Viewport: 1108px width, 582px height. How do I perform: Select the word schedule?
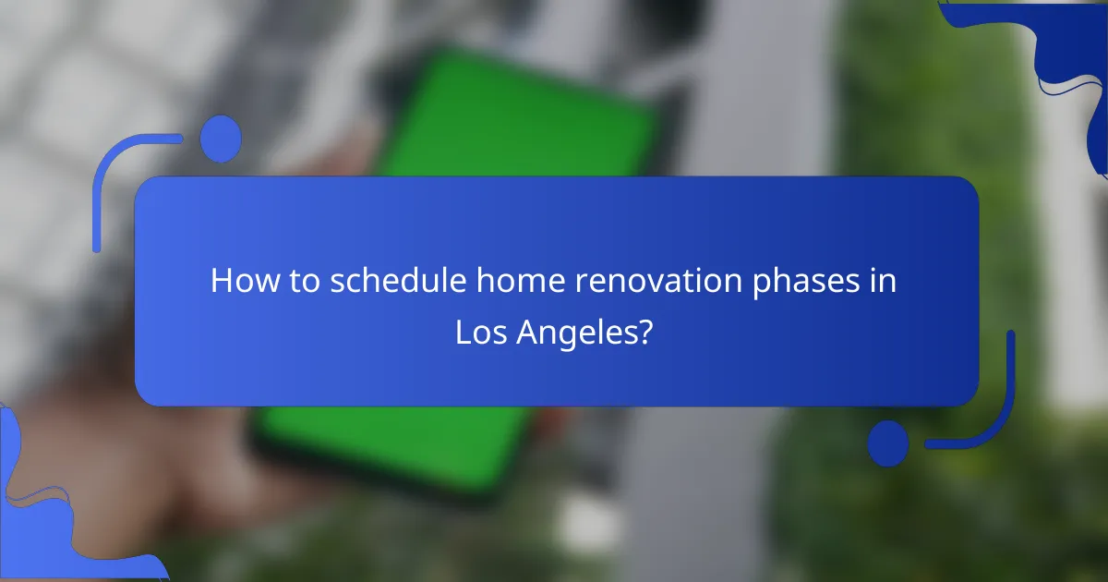[396, 281]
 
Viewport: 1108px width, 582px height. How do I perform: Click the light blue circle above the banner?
[221, 139]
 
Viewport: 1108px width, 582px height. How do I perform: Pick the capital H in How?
[222, 281]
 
